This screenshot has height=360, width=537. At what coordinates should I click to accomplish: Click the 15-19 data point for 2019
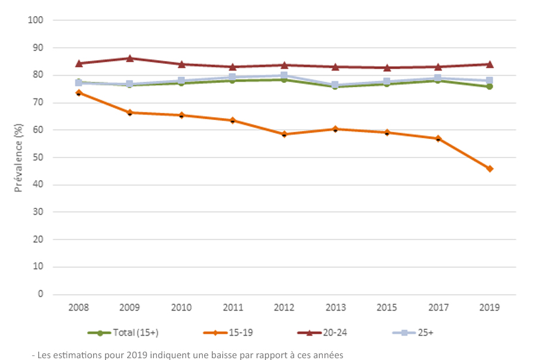coord(489,168)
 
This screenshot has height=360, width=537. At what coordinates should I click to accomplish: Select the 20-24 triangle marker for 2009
coord(130,58)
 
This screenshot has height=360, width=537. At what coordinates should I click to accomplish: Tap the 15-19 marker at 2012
coord(284,134)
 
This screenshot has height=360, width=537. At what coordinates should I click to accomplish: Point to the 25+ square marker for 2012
coord(284,75)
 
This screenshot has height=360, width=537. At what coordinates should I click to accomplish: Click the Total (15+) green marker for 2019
coord(489,87)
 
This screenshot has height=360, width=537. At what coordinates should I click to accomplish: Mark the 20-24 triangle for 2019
coord(489,64)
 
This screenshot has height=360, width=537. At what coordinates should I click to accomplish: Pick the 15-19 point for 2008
coord(79,93)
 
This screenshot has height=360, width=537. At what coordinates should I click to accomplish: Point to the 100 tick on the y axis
coord(36,20)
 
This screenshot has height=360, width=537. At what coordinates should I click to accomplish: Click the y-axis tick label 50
coord(39,158)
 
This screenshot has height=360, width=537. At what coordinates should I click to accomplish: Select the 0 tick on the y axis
coord(41,294)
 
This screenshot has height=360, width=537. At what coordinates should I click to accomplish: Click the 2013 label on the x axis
coord(335,307)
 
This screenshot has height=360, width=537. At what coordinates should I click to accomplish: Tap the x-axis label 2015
coord(387,307)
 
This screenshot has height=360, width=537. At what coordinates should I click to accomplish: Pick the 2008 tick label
coord(79,307)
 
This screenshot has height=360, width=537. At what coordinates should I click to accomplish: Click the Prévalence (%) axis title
coord(19,156)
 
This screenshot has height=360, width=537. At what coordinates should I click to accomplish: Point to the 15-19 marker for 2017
coord(438,139)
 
